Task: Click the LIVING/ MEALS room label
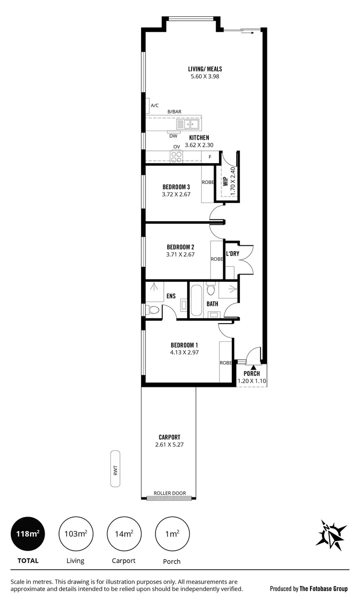[x=205, y=69]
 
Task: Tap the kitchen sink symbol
[x=189, y=125]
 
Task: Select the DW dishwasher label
[x=173, y=136]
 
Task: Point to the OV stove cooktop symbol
[x=177, y=155]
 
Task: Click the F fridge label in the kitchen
[x=210, y=157]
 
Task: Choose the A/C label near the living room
[x=155, y=105]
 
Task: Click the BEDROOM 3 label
[x=177, y=187]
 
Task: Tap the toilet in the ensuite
[x=153, y=310]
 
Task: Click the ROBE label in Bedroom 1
[x=226, y=363]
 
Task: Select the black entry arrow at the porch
[x=253, y=367]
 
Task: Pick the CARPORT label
[x=169, y=437]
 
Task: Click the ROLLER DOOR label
[x=169, y=493]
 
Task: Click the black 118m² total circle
[x=28, y=533]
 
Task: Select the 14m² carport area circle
[x=124, y=533]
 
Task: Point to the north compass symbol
[x=331, y=534]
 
